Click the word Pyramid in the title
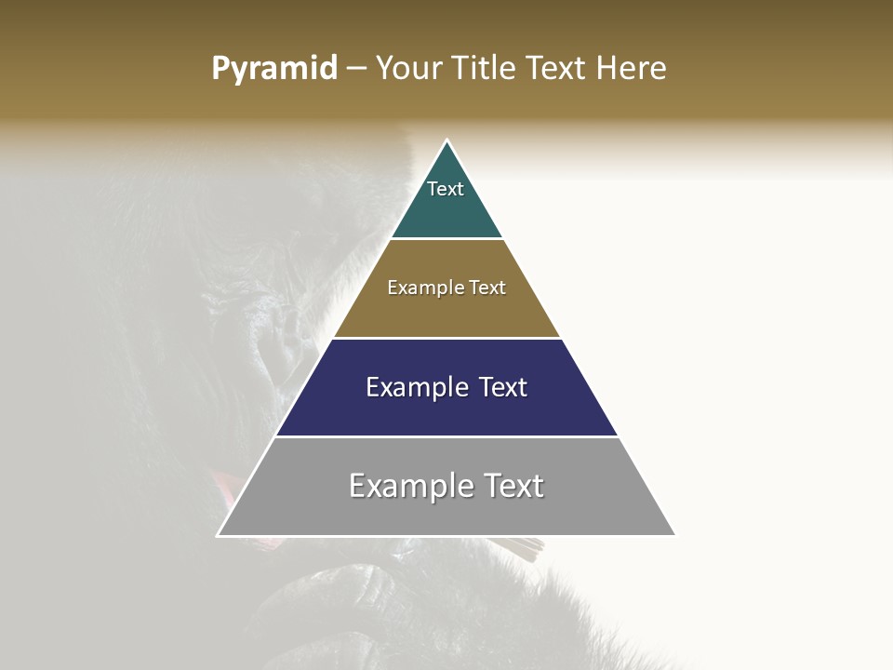coord(273,69)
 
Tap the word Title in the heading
coord(482,68)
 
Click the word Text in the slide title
coord(558,68)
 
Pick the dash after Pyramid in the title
coord(356,69)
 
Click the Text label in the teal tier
coord(446,189)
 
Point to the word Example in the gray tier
coord(409,486)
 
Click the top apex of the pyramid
coord(446,141)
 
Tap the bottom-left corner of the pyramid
coord(219,535)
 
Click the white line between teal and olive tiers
coord(446,239)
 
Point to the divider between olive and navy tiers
coord(446,338)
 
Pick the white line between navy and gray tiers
coord(446,436)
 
